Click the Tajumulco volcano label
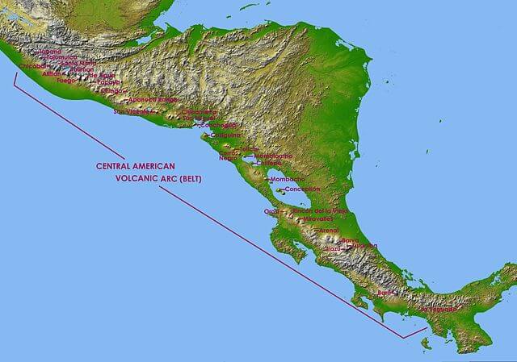tap(61, 57)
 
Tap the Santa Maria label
tap(78, 63)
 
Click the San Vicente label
tap(132, 112)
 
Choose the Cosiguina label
tap(215, 135)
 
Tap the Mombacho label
tap(288, 178)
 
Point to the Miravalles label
tap(318, 218)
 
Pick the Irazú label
tap(333, 249)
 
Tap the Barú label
tap(384, 293)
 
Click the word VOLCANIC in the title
tap(138, 178)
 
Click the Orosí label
tap(271, 211)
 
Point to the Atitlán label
tap(51, 73)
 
